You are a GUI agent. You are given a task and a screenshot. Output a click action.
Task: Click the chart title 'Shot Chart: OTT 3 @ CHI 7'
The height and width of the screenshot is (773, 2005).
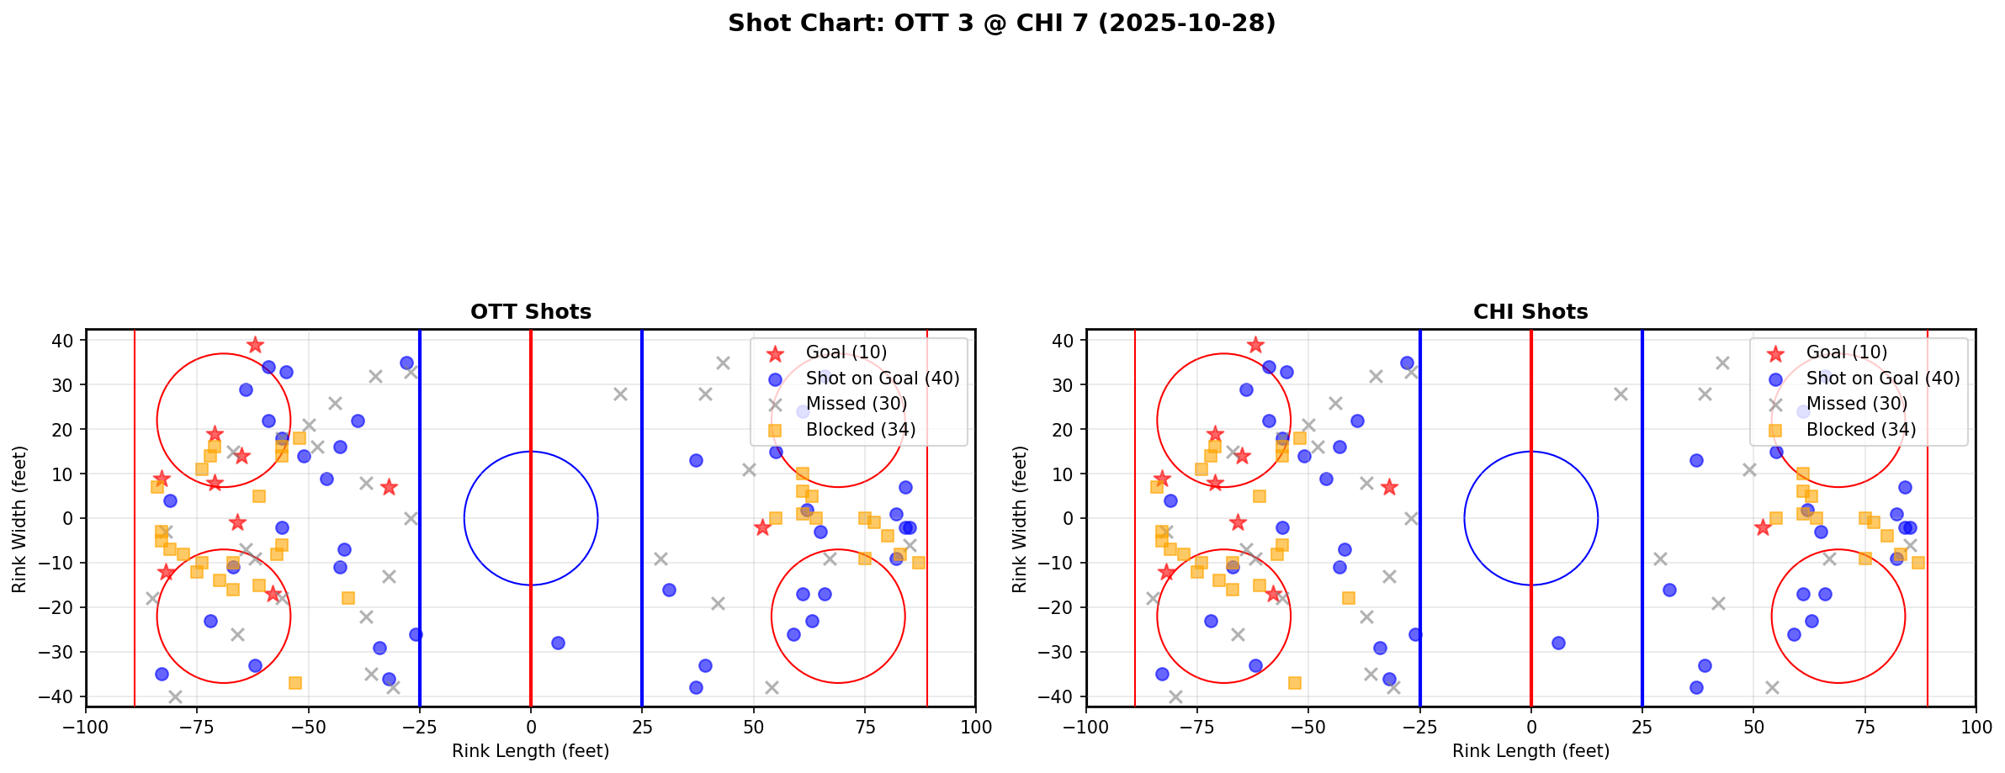pyautogui.click(x=1001, y=24)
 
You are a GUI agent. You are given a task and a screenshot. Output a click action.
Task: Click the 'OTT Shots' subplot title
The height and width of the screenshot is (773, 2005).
pyautogui.click(x=530, y=312)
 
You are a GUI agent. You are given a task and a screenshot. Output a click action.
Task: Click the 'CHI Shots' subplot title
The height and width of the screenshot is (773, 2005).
pyautogui.click(x=1530, y=312)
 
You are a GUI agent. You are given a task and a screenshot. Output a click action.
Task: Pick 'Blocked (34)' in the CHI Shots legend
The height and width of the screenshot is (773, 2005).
pyautogui.click(x=1860, y=430)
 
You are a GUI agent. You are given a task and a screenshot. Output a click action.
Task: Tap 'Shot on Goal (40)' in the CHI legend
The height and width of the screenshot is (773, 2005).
pyautogui.click(x=1882, y=379)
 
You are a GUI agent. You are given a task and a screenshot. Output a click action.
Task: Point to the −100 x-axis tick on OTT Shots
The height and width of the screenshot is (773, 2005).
pyautogui.click(x=86, y=726)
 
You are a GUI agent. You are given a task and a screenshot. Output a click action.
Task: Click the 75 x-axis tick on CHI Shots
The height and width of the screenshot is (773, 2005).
pyautogui.click(x=1864, y=726)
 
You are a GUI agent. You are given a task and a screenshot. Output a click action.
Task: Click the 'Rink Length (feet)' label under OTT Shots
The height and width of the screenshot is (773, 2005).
pyautogui.click(x=530, y=751)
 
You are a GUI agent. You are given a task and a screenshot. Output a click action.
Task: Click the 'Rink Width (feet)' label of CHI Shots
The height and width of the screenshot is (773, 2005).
pyautogui.click(x=1019, y=519)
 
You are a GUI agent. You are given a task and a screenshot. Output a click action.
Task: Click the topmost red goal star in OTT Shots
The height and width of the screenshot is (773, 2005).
pyautogui.click(x=255, y=345)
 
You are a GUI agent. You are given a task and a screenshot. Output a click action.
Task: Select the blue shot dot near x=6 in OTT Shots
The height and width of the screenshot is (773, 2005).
pyautogui.click(x=557, y=643)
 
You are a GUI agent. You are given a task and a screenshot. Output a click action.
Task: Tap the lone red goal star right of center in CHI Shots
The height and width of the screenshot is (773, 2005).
pyautogui.click(x=1762, y=527)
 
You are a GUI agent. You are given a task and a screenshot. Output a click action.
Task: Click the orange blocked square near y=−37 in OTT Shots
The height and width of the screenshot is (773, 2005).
pyautogui.click(x=294, y=683)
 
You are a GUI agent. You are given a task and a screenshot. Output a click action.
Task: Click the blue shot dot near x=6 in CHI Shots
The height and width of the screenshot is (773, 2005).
pyautogui.click(x=1557, y=643)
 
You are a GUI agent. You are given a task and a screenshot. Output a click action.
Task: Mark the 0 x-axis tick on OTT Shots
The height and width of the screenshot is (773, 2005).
pyautogui.click(x=530, y=726)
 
